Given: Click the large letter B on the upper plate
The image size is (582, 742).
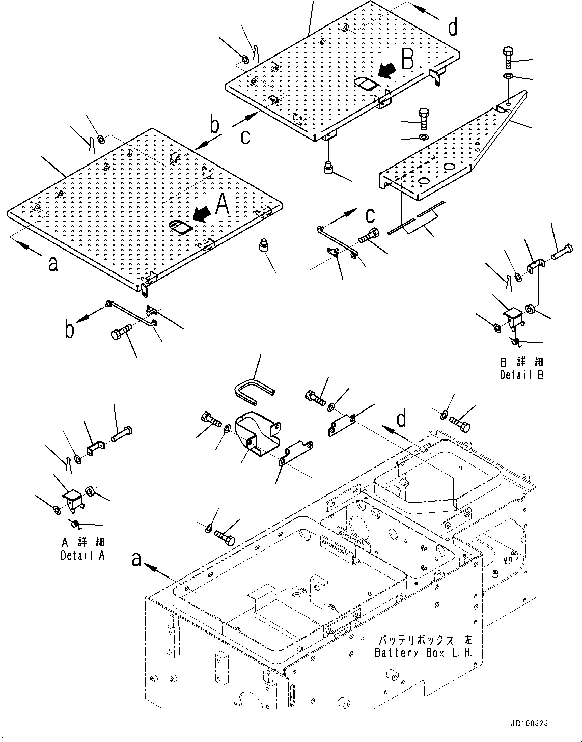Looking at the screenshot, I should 407,60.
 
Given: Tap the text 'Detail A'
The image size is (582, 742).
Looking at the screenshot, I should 82,555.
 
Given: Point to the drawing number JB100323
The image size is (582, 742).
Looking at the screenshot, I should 528,723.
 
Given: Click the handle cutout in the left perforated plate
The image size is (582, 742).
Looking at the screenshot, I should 181,226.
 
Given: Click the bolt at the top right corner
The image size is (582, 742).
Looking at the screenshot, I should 509,58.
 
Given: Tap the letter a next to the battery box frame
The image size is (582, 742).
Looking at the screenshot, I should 136,559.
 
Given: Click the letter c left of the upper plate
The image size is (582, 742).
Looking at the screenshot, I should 245,136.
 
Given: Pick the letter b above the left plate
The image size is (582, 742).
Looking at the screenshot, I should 215,124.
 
